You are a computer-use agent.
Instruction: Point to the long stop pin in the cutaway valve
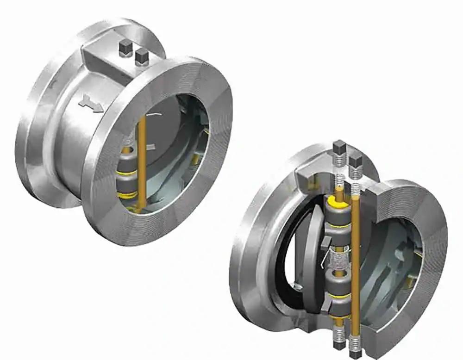(356, 259)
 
